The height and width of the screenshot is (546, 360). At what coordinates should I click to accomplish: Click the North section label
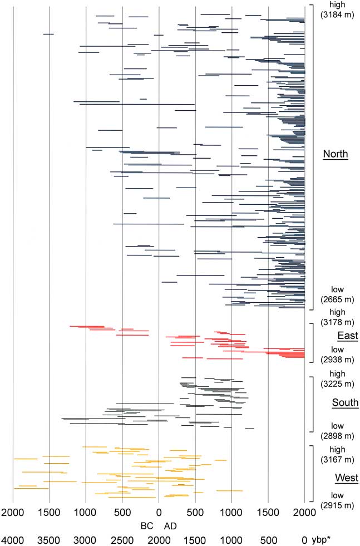[336, 154]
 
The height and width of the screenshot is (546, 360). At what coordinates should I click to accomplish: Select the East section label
[347, 336]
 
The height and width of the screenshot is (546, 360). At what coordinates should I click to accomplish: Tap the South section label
[345, 403]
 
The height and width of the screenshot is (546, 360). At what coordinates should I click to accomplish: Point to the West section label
[346, 478]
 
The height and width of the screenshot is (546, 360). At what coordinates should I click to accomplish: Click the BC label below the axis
[146, 525]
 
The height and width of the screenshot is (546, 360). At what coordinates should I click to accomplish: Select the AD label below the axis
[170, 525]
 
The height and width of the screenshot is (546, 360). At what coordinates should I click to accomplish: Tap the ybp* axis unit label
[323, 539]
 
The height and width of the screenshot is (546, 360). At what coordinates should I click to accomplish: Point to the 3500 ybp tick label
[50, 539]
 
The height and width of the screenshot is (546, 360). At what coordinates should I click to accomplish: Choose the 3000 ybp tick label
[86, 539]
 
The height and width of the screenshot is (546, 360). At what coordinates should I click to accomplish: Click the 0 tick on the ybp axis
[304, 539]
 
